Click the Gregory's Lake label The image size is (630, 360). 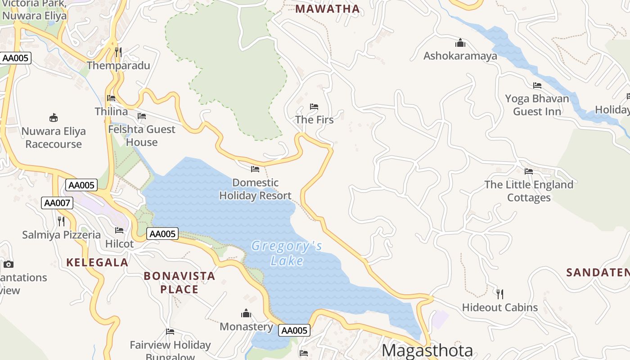coord(287,253)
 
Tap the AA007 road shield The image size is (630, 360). coord(57,203)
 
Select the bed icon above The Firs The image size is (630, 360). coord(314,107)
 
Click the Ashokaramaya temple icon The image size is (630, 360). coord(460,43)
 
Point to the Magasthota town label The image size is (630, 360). coord(427,351)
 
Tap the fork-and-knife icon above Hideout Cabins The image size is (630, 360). coord(500,294)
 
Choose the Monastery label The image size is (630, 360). coord(246,327)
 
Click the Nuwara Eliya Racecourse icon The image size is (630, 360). coord(54,118)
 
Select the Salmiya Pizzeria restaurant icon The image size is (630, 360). coord(61,221)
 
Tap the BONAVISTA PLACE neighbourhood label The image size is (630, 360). coord(180,283)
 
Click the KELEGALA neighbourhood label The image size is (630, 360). coord(97,262)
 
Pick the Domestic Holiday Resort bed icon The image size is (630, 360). coord(255,169)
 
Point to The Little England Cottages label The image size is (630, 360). coord(529,191)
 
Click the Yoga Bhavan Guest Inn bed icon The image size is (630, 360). coord(537,85)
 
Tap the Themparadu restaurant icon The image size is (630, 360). coord(118,52)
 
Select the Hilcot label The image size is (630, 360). coord(119,244)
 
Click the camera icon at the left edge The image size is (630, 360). coord(8,264)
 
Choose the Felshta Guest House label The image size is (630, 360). coord(142,135)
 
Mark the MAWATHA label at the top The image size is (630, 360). coord(328,9)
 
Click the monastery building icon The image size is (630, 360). coord(246,313)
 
